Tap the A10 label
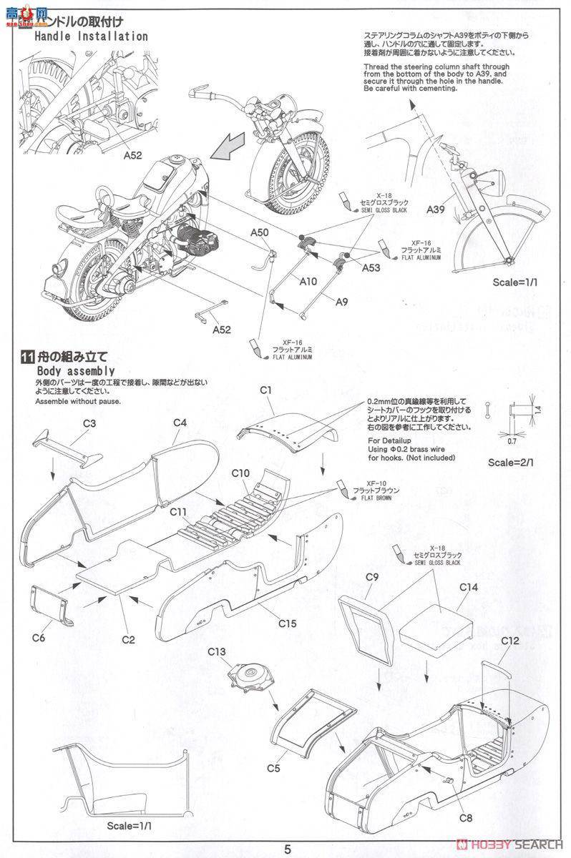click(308, 281)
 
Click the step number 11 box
click(27, 357)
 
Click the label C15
click(287, 623)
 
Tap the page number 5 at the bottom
click(287, 849)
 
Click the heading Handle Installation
click(91, 36)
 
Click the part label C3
click(89, 423)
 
